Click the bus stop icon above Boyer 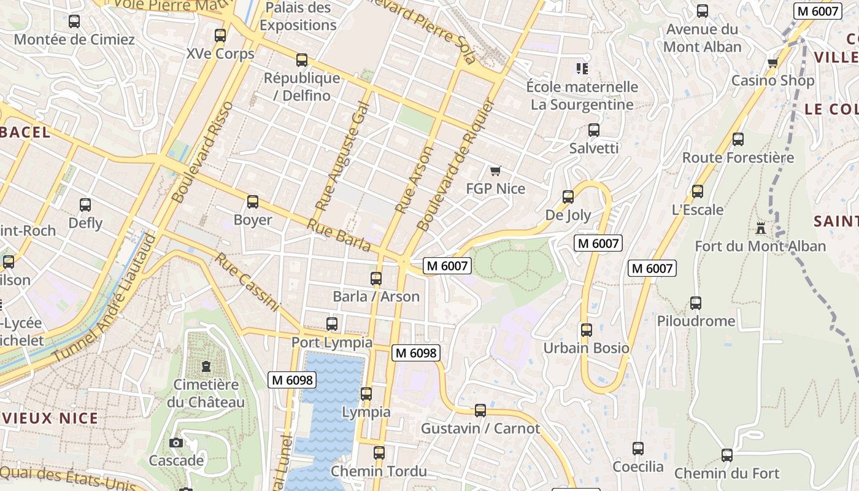coord(252,202)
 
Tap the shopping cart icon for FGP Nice coord(495,171)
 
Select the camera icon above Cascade coord(176,443)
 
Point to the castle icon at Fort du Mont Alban coord(761,228)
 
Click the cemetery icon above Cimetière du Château coord(206,366)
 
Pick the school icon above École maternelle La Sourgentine coord(581,68)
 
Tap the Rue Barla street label coord(339,236)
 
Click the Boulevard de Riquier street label coord(455,164)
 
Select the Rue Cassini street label coord(246,282)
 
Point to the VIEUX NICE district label coord(49,419)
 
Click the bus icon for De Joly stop coord(568,197)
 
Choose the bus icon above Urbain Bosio coord(586,330)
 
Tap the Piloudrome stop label coord(696,321)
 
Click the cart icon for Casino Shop coord(772,63)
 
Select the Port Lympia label coord(331,342)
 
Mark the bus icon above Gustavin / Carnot coord(480,410)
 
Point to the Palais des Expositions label coord(298,17)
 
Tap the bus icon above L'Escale coord(698,191)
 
